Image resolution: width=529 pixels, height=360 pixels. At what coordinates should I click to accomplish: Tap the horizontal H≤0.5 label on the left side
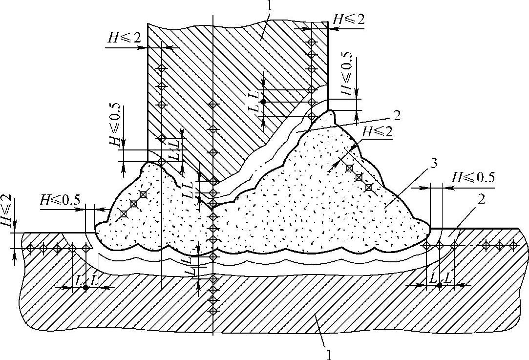[x=60, y=200]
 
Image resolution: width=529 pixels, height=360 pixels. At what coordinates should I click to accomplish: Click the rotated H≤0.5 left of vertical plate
[x=115, y=127]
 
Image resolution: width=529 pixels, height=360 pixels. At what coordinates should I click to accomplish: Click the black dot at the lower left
[x=86, y=288]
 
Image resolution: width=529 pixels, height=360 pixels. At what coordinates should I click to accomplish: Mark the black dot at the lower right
[x=440, y=285]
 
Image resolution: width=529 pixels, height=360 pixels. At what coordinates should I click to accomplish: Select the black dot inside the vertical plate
[x=262, y=102]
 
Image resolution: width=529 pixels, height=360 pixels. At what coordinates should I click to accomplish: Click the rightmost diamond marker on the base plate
[x=512, y=244]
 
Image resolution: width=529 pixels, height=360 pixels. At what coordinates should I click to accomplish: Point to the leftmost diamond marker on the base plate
[x=30, y=248]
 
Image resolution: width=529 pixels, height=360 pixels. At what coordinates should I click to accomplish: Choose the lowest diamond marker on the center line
[x=212, y=311]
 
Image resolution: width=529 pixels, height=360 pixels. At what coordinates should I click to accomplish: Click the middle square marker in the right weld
[x=359, y=177]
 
